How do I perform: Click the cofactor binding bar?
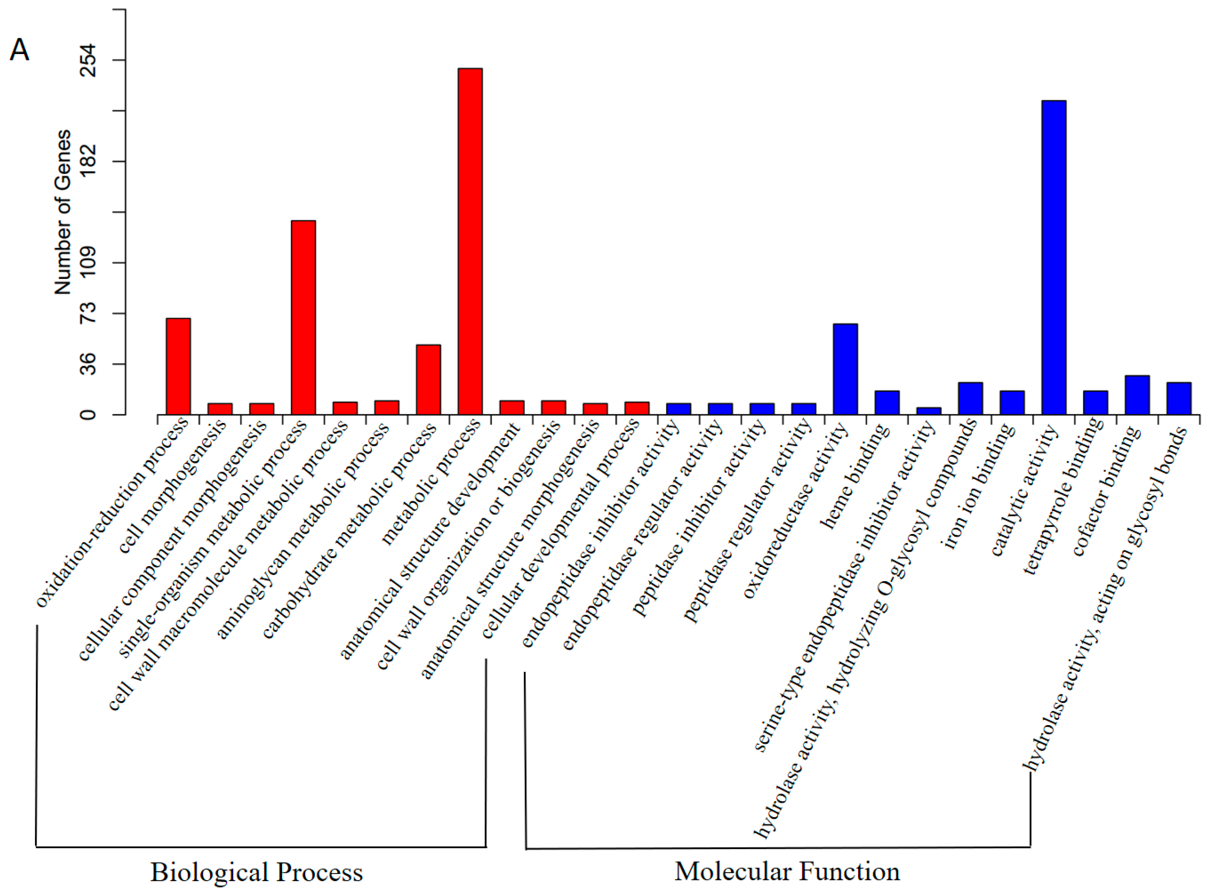(1137, 395)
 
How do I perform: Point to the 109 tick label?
(88, 262)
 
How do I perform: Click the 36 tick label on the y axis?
(88, 364)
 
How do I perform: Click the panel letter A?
(19, 50)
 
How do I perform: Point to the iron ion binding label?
(979, 486)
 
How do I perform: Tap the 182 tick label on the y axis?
(88, 161)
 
